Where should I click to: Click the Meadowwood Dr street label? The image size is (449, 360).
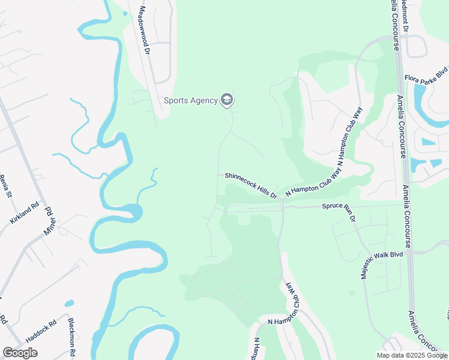pyautogui.click(x=143, y=28)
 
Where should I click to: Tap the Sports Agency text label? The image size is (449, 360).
pyautogui.click(x=190, y=100)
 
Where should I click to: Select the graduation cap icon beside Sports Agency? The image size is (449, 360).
pyautogui.click(x=226, y=100)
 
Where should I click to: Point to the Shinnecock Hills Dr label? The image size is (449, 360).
pyautogui.click(x=251, y=185)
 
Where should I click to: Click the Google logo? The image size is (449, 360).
pyautogui.click(x=20, y=353)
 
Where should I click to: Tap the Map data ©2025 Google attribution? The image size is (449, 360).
pyautogui.click(x=412, y=355)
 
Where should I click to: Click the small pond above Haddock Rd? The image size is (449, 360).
pyautogui.click(x=70, y=303)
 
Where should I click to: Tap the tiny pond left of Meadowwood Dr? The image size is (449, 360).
pyautogui.click(x=125, y=13)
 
